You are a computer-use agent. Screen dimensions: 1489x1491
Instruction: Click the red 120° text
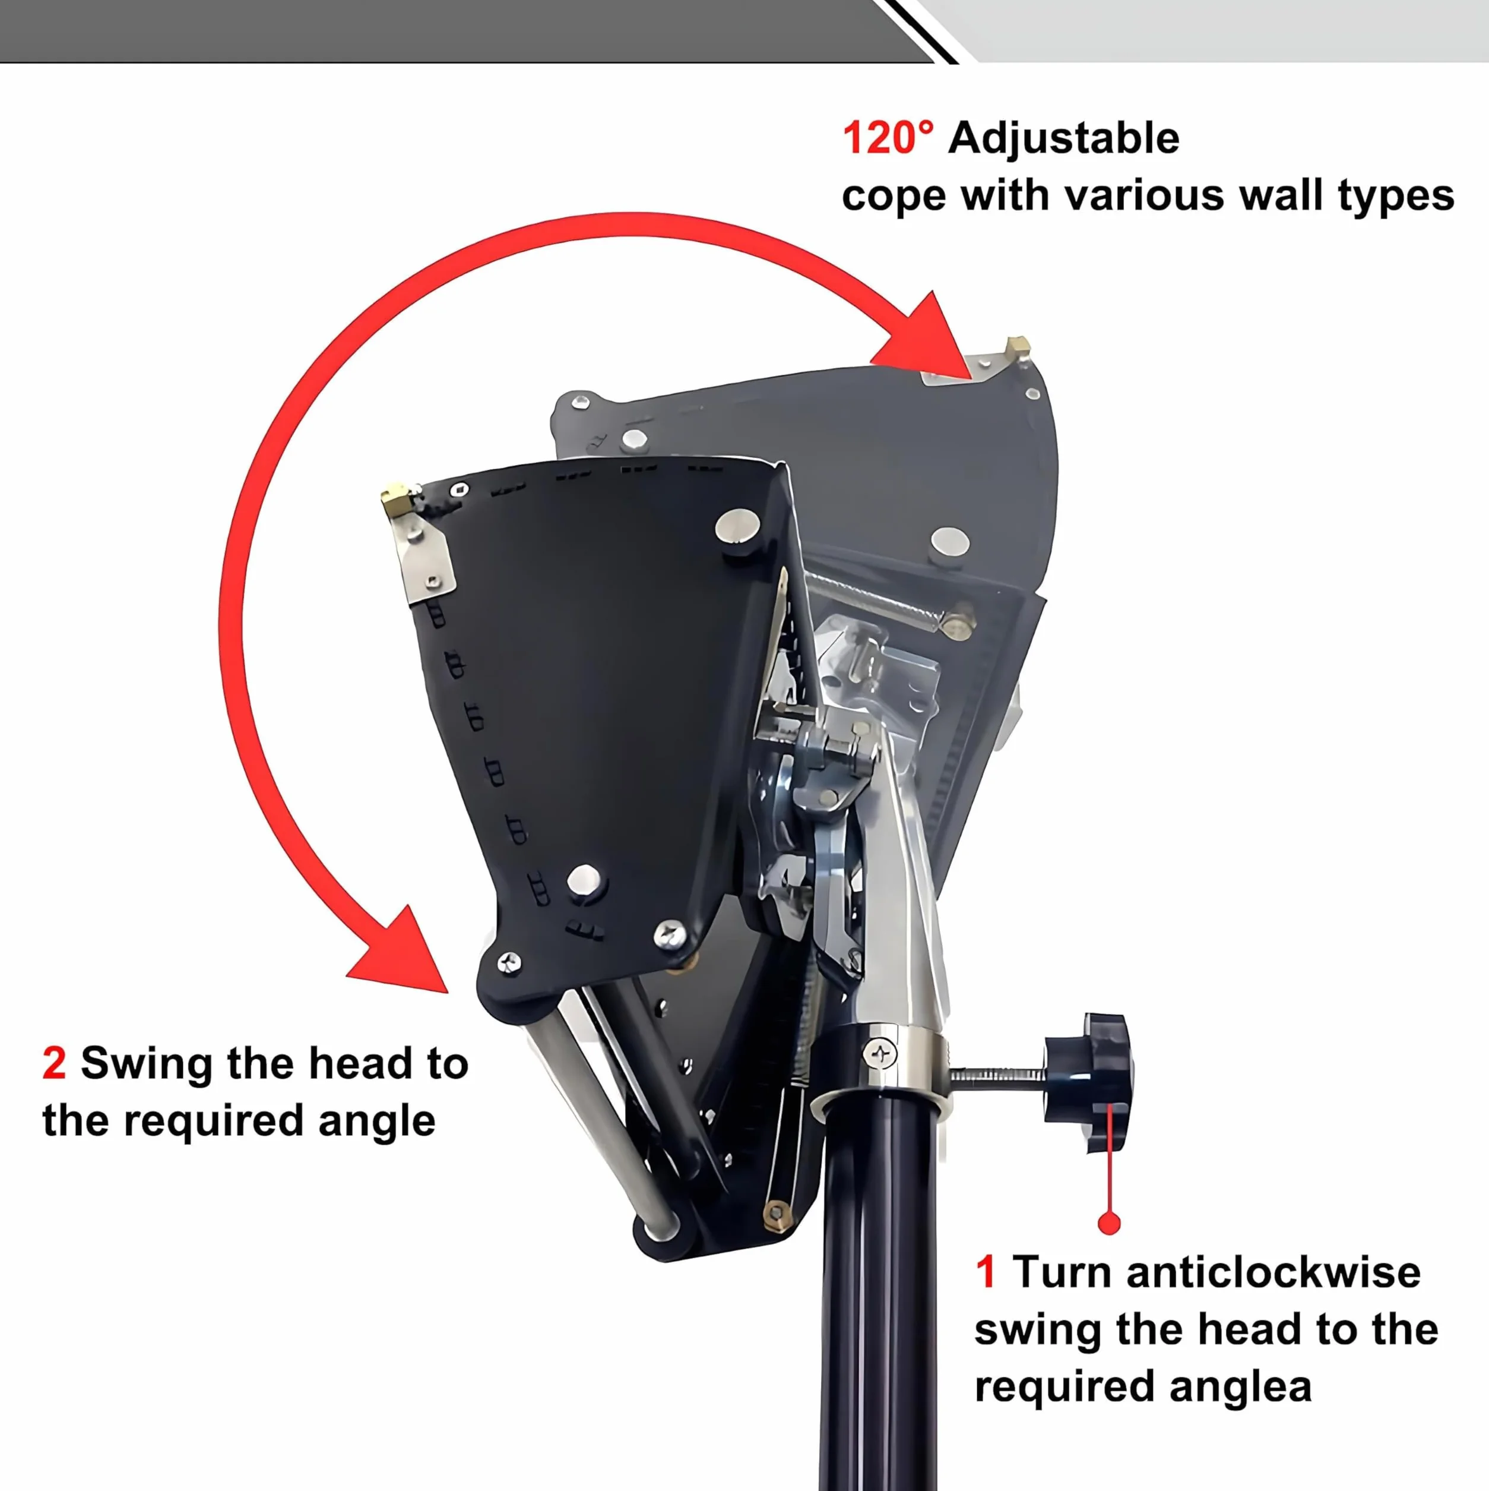pyautogui.click(x=887, y=138)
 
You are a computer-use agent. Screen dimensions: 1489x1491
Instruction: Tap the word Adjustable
pyautogui.click(x=1064, y=140)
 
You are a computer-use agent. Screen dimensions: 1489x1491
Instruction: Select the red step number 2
pyautogui.click(x=54, y=1063)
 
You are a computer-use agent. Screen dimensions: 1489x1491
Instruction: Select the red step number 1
pyautogui.click(x=985, y=1272)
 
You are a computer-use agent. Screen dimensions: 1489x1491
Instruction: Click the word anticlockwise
pyautogui.click(x=1273, y=1272)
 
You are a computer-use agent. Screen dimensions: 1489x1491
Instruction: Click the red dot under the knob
pyautogui.click(x=1108, y=1223)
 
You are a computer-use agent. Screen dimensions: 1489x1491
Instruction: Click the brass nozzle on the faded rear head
pyautogui.click(x=1018, y=346)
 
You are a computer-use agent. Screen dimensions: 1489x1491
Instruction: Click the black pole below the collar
pyautogui.click(x=879, y=1297)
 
